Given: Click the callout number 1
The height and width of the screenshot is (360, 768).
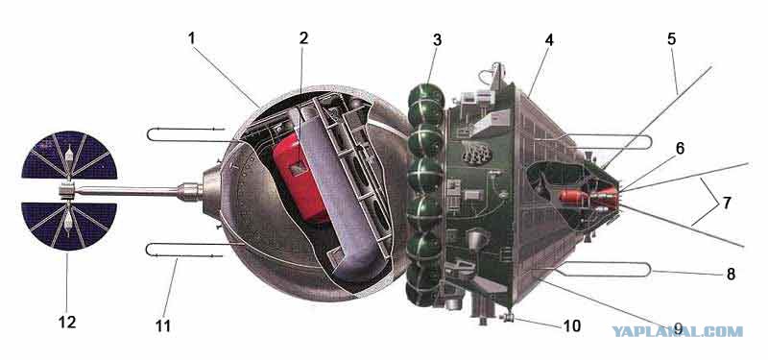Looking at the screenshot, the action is [191, 39].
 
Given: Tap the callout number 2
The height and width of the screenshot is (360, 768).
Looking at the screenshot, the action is [303, 38].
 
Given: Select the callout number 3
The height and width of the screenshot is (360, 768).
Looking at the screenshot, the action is [437, 40].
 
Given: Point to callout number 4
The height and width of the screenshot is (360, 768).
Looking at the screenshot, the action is [549, 40].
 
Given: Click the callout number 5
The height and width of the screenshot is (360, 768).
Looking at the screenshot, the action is [671, 39].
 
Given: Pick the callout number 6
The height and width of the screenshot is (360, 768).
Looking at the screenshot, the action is [681, 148].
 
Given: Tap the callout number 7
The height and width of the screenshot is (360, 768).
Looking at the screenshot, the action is [727, 203].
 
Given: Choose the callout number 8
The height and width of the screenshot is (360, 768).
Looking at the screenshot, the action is [731, 275].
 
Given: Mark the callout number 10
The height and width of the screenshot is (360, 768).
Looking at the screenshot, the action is [571, 325].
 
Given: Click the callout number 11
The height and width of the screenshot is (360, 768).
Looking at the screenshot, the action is [163, 325].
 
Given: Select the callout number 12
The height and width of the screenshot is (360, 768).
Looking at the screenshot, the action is [67, 323].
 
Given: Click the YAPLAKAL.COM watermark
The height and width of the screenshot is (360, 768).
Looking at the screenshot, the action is [678, 331].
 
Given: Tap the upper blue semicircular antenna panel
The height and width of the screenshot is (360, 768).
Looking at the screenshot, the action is [69, 156].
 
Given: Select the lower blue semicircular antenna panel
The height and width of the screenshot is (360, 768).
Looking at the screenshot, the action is [69, 226].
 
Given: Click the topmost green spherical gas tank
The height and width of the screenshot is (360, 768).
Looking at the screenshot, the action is [425, 95].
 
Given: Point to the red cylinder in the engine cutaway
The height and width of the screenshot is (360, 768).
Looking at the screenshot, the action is [573, 198].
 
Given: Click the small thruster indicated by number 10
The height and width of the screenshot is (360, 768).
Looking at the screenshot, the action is [509, 319].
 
